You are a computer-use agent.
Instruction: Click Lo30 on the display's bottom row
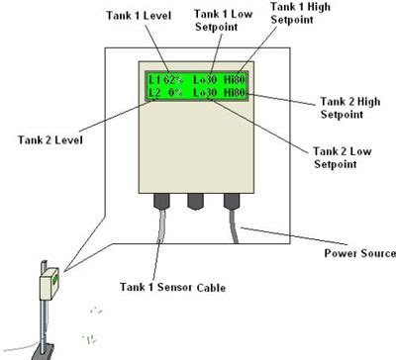pos(204,92)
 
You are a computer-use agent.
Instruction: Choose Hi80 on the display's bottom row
pos(234,92)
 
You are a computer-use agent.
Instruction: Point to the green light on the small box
pos(56,279)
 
